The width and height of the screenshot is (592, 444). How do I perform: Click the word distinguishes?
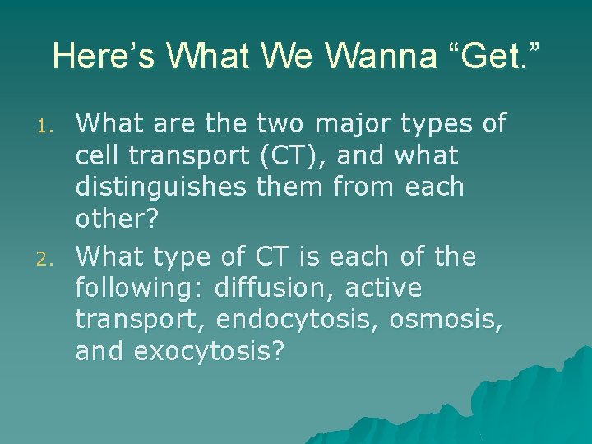point(160,187)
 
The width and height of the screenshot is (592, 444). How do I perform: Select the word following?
point(141,289)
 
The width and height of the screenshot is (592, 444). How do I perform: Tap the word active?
point(384,289)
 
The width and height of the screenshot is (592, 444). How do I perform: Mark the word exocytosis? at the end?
point(209,352)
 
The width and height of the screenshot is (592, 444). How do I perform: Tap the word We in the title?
point(280,56)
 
